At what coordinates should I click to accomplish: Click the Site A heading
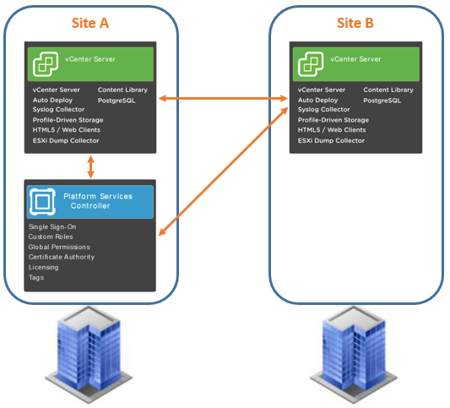[90, 23]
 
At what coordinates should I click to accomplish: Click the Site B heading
[355, 23]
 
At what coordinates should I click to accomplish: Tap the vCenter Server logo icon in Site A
[46, 64]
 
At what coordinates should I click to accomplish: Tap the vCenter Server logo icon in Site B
[311, 64]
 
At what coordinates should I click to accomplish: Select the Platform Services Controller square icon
[42, 202]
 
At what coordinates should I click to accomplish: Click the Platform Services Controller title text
[98, 201]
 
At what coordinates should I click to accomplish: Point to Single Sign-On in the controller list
[52, 227]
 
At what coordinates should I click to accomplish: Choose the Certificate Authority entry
[62, 257]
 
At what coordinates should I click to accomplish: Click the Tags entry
[36, 278]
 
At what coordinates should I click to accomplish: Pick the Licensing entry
[43, 267]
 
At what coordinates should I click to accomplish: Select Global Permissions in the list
[59, 247]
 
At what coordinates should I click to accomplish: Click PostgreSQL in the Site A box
[117, 101]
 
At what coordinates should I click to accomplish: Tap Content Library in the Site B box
[388, 90]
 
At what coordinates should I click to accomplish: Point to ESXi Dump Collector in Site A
[66, 140]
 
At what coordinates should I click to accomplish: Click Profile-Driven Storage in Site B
[333, 120]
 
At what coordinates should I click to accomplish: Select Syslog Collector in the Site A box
[58, 110]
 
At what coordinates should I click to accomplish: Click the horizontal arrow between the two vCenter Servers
[223, 99]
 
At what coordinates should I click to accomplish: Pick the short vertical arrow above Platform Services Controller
[90, 166]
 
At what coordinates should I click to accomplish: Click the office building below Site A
[89, 355]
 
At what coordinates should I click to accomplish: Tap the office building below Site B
[354, 355]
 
